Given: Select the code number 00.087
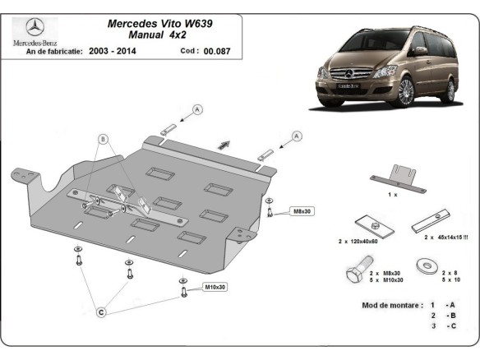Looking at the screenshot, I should pos(219,51).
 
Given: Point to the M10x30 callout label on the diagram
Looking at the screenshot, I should pos(215,287).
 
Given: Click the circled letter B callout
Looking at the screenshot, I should pos(104,139).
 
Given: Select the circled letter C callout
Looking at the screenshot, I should pos(100,312).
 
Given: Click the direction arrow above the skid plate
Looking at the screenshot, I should pos(223,145).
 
